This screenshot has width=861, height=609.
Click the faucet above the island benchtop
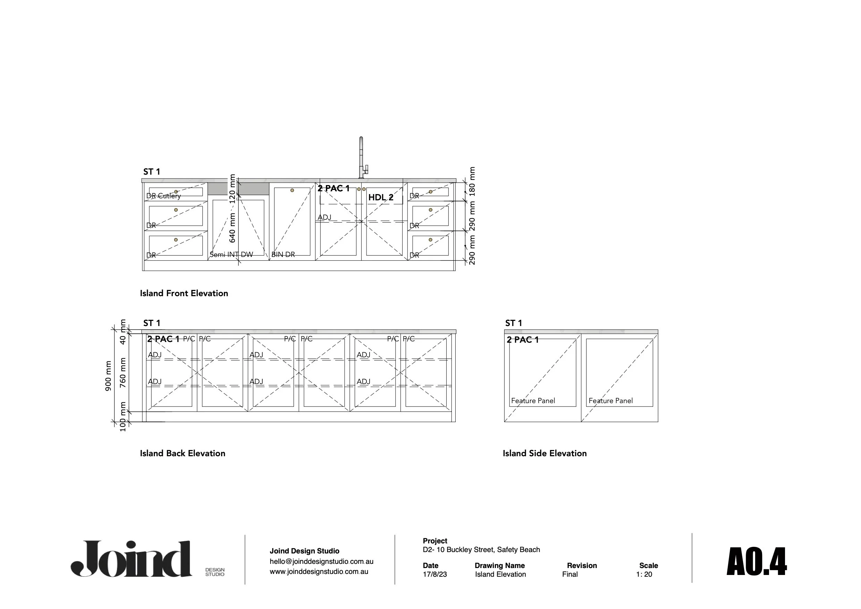coord(362,158)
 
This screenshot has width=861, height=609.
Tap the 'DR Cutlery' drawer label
coord(163,196)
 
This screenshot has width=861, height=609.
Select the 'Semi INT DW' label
coord(231,255)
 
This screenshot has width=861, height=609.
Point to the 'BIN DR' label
coord(283,255)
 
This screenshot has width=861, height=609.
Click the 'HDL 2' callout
coord(381,197)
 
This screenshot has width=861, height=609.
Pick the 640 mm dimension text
coord(233,227)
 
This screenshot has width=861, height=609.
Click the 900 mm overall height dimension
coord(108,376)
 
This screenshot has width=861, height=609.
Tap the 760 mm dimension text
coord(123,373)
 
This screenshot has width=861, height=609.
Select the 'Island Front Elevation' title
coord(184,293)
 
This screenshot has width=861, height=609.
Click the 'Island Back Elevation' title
coord(183,453)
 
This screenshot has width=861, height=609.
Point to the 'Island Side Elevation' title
coord(545,453)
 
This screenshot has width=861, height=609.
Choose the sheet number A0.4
coord(757,562)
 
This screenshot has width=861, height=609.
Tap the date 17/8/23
coord(434,575)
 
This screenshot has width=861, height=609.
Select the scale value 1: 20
coord(644,575)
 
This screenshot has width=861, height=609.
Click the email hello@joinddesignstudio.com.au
coord(321,562)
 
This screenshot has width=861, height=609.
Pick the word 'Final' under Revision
coord(569,575)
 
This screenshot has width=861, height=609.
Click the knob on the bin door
coord(292,191)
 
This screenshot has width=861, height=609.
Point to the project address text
coord(481,550)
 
